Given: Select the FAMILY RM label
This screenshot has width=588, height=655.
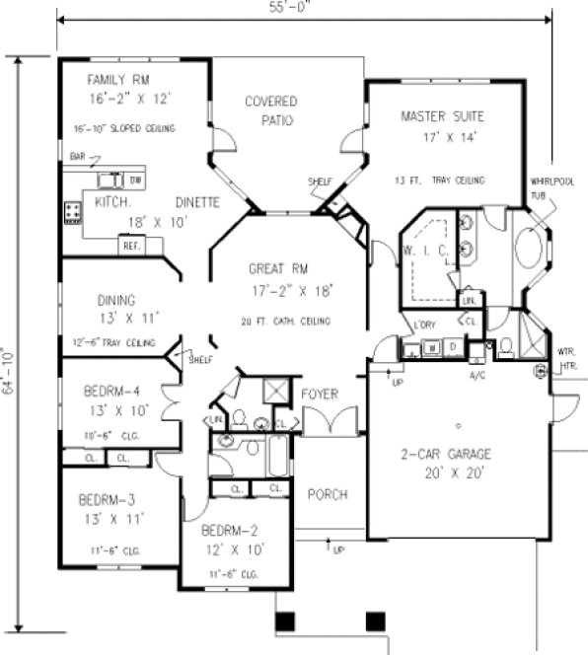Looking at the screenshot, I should pos(117,80).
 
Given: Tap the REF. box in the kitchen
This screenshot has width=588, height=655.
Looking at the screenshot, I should pos(129,246).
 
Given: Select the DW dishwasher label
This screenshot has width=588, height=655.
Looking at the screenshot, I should pos(136,182).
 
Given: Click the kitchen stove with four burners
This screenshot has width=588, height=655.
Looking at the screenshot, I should pos(73,210).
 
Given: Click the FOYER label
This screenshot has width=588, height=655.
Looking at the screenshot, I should pos(320,395).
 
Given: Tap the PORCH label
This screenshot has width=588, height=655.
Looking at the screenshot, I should pos(327,493).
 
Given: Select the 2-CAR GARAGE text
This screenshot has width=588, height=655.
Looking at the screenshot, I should pos(458,455).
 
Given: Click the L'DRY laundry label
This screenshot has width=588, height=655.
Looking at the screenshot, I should pos(425,326).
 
